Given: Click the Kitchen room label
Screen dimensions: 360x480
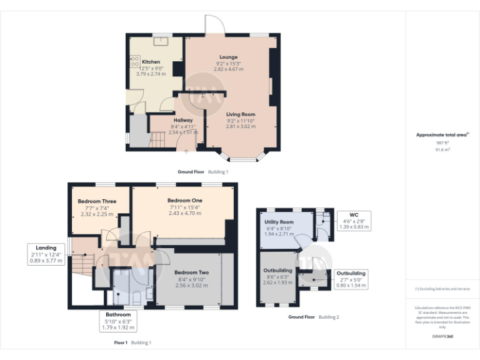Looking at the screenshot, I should (x=151, y=62).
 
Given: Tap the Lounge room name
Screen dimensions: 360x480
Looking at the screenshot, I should (x=228, y=57).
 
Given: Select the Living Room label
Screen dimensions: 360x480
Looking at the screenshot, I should (x=241, y=114).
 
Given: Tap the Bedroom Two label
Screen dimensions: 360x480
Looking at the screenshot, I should (x=191, y=273).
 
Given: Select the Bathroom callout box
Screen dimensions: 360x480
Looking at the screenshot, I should (x=118, y=321).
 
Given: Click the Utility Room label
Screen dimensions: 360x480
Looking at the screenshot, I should (x=279, y=222).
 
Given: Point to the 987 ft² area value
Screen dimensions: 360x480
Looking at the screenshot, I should (x=442, y=143).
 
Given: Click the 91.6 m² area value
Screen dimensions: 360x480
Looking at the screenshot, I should (x=442, y=149).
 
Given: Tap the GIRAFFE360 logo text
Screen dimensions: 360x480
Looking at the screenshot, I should (x=443, y=336).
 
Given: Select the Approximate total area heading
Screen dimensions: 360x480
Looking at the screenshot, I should (x=442, y=135).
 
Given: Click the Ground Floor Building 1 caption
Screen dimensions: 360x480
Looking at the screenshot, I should (x=202, y=171).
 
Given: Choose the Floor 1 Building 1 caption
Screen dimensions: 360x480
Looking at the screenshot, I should (x=132, y=342).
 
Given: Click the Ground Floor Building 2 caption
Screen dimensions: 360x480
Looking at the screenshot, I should (x=314, y=317).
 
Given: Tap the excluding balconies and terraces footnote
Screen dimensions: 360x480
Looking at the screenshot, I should (x=443, y=289).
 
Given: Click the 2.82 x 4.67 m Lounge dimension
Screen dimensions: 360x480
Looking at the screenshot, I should (x=228, y=69).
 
